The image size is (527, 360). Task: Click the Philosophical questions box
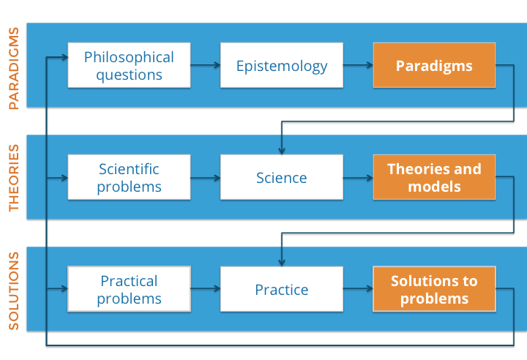click(x=130, y=65)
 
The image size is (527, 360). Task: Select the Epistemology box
click(x=282, y=65)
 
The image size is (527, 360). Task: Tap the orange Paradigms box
click(x=434, y=65)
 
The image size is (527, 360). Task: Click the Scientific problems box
click(x=130, y=177)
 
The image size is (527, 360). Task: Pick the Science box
click(x=282, y=177)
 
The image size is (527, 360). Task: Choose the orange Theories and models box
click(x=434, y=177)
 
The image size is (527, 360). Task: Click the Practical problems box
click(x=130, y=289)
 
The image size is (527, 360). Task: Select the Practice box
click(x=282, y=289)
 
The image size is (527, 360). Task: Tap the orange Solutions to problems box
click(x=434, y=289)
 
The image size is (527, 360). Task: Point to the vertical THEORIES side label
click(x=13, y=177)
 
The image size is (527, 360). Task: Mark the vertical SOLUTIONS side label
click(x=13, y=290)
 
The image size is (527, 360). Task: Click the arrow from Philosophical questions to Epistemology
click(x=206, y=65)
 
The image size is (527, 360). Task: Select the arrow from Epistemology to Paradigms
click(x=358, y=65)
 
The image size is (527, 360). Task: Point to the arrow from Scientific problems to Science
click(x=206, y=177)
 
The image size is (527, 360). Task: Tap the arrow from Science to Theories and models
click(x=358, y=177)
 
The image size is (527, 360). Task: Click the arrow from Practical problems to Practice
click(x=206, y=289)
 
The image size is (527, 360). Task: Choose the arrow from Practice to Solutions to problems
click(x=358, y=289)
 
